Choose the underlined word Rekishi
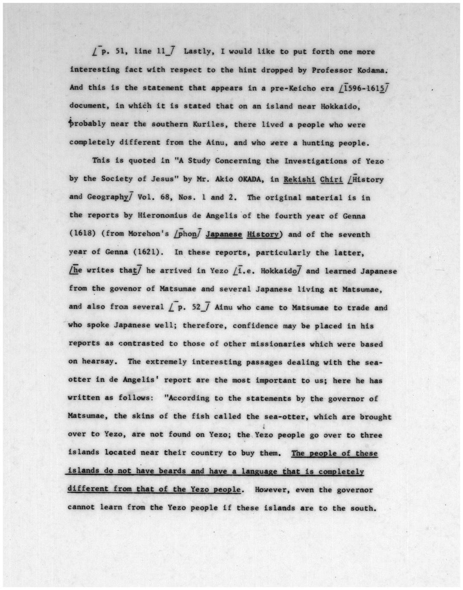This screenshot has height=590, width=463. [x=299, y=179]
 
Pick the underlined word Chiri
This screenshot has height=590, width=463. [x=332, y=179]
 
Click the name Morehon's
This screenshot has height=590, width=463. [x=149, y=234]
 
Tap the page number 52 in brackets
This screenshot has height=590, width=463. [x=197, y=307]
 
